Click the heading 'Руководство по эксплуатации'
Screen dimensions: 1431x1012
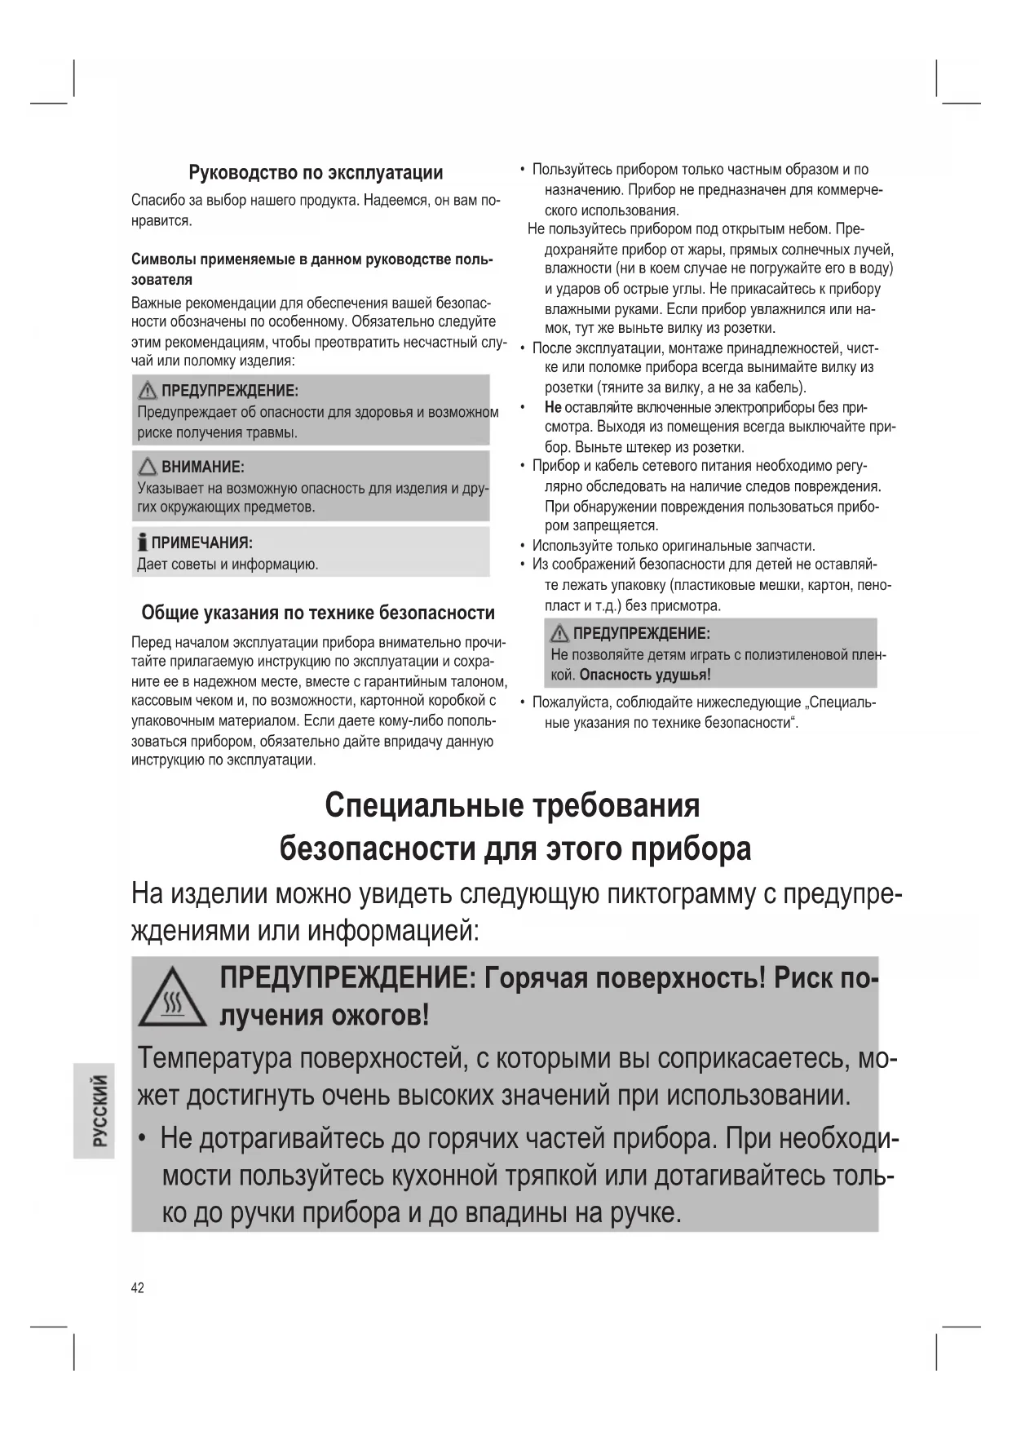coord(316,173)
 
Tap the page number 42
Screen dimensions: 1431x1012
coord(138,1287)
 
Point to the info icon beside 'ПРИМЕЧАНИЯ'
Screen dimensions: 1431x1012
coord(144,543)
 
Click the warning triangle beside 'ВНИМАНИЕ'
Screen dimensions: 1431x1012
coord(148,467)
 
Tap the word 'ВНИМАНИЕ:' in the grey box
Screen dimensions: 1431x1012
coord(203,467)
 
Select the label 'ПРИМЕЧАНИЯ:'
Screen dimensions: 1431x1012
coord(202,543)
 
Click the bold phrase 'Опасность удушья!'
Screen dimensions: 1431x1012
coord(645,676)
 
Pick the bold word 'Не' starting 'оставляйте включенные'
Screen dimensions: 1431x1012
coord(553,407)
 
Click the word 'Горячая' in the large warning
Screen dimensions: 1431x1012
coord(535,977)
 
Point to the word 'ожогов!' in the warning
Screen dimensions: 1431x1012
coord(380,1016)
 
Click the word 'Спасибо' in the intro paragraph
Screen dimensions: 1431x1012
coord(156,201)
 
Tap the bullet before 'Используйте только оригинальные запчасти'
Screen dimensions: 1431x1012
coord(523,546)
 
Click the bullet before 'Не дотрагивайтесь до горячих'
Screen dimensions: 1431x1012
coord(143,1138)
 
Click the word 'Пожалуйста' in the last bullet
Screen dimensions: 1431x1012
coord(571,702)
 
